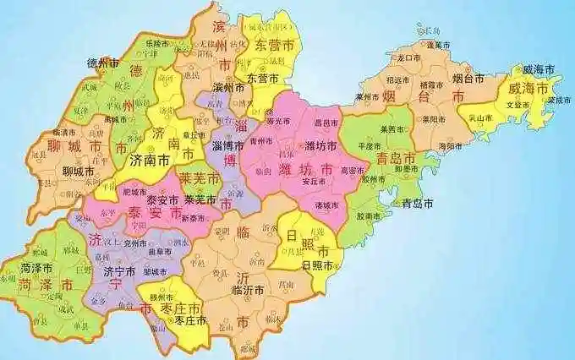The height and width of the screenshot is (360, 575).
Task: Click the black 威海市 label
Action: tap(539, 68)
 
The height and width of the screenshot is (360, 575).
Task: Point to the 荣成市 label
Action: tap(559, 99)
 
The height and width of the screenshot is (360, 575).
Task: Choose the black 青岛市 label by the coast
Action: tap(417, 204)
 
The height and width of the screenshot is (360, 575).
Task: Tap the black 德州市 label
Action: tap(103, 63)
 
